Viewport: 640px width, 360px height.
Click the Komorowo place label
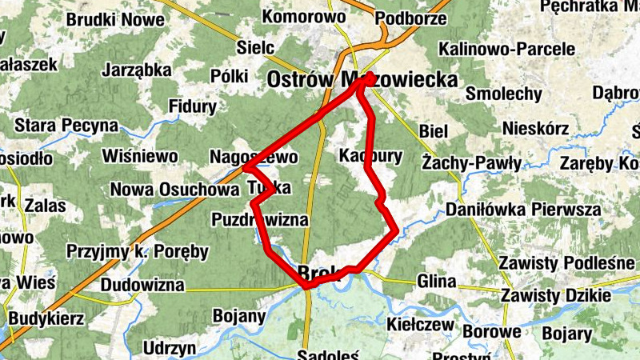[x=304, y=16]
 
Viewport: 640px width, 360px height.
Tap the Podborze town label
[x=410, y=17]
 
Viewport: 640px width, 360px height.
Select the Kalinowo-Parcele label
[x=507, y=49]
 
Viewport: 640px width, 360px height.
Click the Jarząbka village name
[x=138, y=70]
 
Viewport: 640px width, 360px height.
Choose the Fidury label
[x=193, y=106]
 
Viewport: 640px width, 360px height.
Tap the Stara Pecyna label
[x=66, y=126]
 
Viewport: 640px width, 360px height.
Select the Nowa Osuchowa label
[x=174, y=190]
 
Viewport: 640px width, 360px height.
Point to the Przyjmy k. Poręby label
[x=138, y=251]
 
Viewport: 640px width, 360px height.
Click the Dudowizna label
[x=142, y=284]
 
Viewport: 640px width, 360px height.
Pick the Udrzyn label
[x=170, y=348]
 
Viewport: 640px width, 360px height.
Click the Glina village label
[x=436, y=282]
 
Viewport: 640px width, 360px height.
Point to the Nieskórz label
[x=535, y=128]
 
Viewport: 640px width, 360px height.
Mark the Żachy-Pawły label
[x=471, y=164]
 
